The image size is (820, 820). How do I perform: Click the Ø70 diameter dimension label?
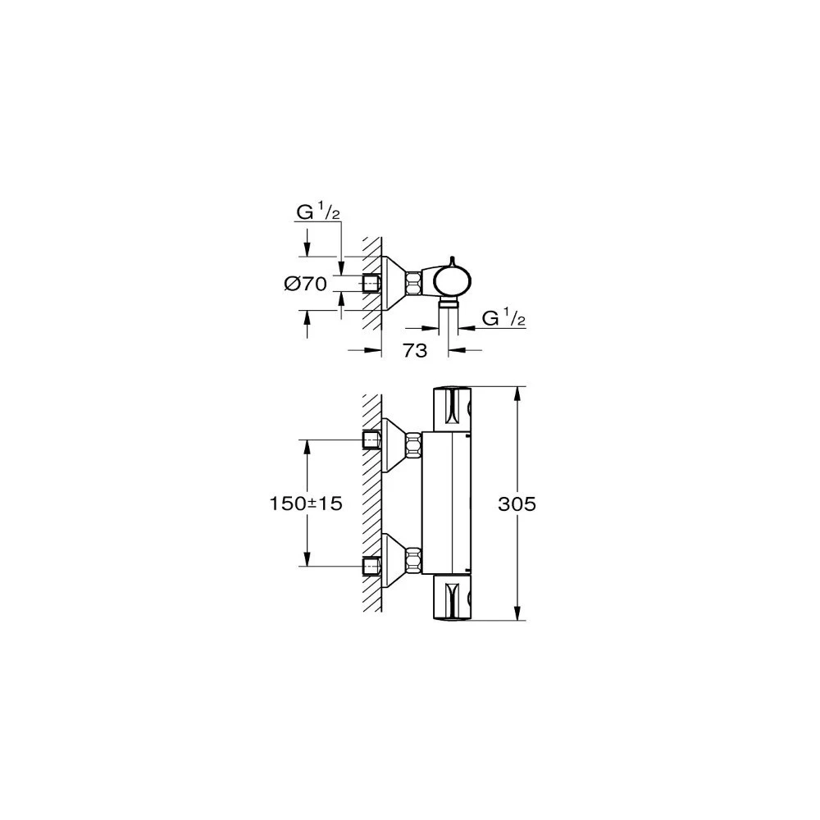point(306,284)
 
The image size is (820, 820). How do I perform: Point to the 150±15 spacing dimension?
point(306,504)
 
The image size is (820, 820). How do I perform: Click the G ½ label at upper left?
point(318,214)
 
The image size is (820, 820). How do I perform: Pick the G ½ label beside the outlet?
point(503,318)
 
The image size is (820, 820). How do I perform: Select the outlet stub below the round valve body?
point(449,305)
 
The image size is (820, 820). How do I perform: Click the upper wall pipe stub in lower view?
point(372,440)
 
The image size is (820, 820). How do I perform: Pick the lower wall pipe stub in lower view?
point(372,565)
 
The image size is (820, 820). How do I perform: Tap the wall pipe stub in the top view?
point(372,284)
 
